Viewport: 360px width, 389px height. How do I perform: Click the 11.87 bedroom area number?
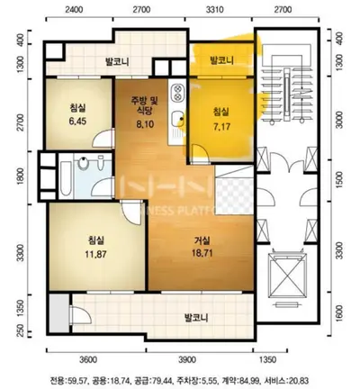(x=94, y=255)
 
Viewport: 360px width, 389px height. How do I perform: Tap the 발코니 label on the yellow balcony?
(x=220, y=61)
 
